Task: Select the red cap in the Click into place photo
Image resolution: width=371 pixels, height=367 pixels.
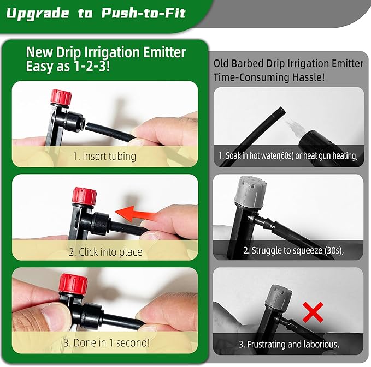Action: coord(84,196)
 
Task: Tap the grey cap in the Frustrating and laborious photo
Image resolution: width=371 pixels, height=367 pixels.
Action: coord(278,296)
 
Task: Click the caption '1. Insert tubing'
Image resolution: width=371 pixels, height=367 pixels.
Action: coord(104,156)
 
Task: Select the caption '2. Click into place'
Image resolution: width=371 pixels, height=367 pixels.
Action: coord(105,252)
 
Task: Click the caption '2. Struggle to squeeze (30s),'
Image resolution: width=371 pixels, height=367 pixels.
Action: coord(287,250)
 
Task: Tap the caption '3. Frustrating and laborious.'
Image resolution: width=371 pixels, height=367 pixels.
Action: coord(289,344)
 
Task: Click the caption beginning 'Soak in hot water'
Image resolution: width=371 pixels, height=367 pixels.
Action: coord(287,155)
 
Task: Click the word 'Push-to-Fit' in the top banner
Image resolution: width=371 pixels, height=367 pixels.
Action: coord(144,13)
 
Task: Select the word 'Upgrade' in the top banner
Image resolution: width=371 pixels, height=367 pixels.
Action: coord(38,13)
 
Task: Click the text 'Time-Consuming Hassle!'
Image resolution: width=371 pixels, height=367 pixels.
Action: coord(269,77)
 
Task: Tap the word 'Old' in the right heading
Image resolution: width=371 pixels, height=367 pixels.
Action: coord(223,64)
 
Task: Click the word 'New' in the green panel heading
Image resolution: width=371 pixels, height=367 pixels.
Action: coord(39,53)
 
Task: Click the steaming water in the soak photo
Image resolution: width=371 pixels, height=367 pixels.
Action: coord(296,124)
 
